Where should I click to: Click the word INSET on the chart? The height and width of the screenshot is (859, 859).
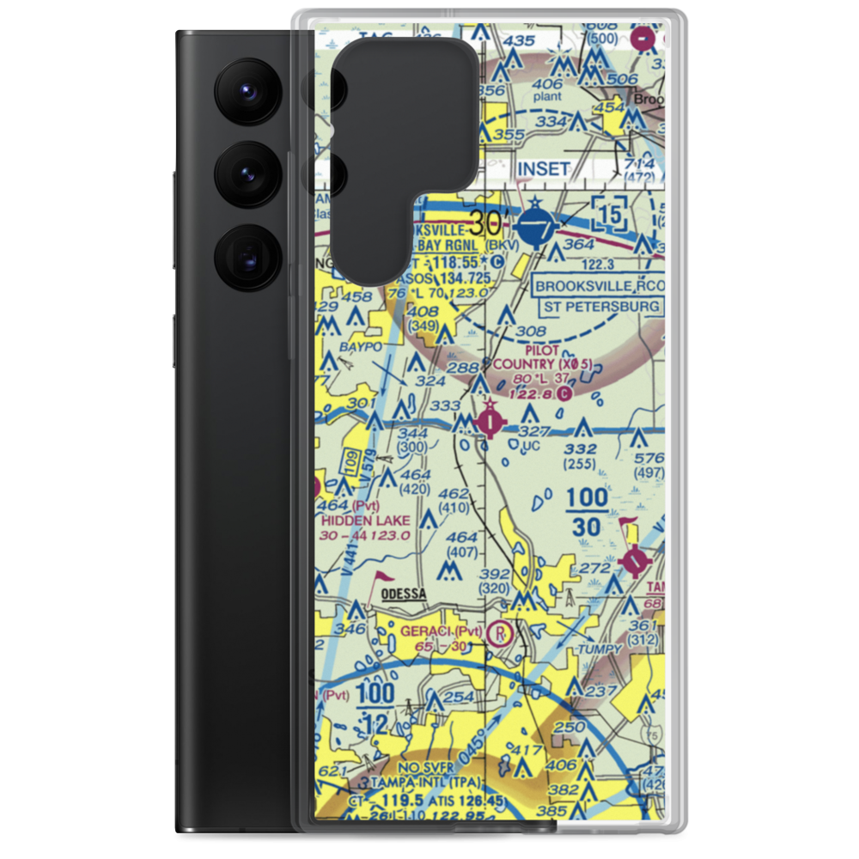click(x=543, y=169)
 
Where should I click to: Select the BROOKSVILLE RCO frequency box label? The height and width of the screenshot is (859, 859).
click(x=599, y=286)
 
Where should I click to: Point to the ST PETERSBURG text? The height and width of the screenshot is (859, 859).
click(x=600, y=306)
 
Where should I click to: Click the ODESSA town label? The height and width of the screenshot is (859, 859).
click(x=401, y=594)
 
